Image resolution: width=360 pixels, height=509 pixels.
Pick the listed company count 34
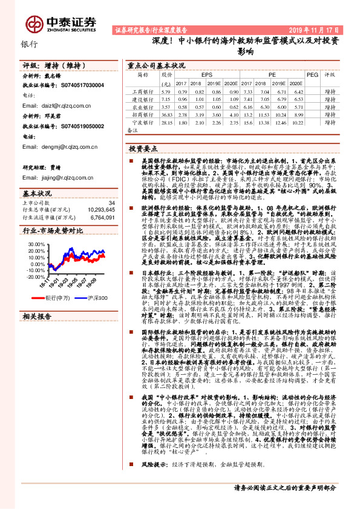pos(111,203)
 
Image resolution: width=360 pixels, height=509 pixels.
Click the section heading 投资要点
pos(144,148)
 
